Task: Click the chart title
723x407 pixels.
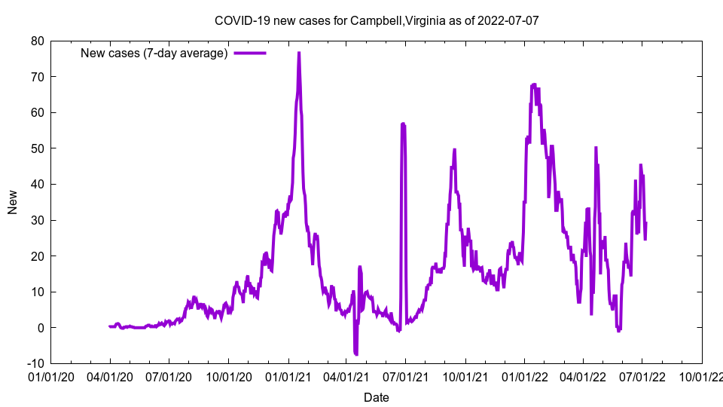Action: [377, 20]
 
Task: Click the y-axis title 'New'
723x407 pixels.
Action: [13, 202]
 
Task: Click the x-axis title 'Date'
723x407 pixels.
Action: [377, 397]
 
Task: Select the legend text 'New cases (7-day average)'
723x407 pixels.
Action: [154, 53]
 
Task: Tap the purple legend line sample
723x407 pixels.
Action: [250, 53]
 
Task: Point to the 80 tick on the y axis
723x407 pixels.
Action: [37, 41]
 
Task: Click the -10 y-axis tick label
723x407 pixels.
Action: [35, 363]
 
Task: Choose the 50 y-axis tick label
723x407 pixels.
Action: [37, 148]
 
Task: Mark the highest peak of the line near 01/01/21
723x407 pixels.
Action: [299, 53]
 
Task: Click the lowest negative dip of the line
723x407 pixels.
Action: [355, 354]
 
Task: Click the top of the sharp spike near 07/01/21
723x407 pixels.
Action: [403, 124]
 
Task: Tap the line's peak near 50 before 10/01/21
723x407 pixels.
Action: [454, 149]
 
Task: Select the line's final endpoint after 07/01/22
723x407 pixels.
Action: [645, 223]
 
